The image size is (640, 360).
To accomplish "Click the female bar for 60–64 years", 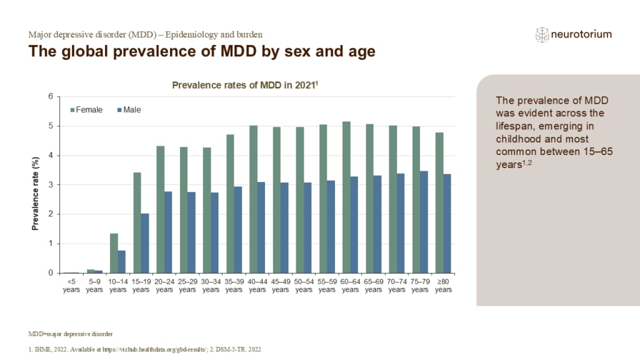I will [347, 197].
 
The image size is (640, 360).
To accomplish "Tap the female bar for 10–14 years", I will [114, 253].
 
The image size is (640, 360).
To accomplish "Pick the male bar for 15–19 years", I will [145, 243].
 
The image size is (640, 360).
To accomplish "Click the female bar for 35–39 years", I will [230, 204].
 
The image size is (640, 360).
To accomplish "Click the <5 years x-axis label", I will [71, 286].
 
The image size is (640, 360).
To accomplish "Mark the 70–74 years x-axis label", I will [397, 286].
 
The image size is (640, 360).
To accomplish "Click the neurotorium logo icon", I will [542, 35].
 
